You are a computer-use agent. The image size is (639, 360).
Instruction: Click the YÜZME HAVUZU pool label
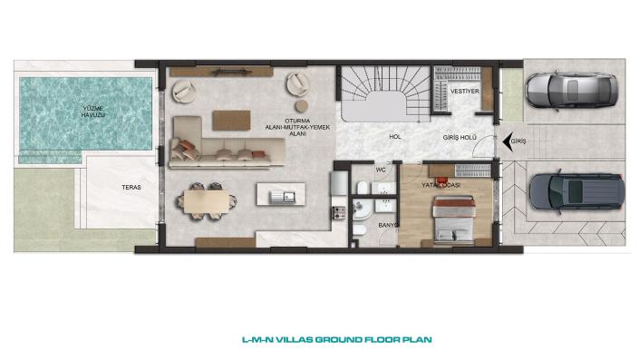(x=93, y=112)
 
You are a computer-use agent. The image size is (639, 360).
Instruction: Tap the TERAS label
(x=131, y=187)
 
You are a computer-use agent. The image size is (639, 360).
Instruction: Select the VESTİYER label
(x=465, y=92)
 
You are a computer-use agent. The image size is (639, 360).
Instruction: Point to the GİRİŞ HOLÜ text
(x=460, y=138)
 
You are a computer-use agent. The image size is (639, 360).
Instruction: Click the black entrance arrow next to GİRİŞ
(x=508, y=141)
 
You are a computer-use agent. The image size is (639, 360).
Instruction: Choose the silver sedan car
(x=572, y=90)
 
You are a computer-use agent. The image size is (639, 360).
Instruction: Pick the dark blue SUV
(x=576, y=191)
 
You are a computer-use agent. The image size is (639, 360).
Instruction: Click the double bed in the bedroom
(x=454, y=220)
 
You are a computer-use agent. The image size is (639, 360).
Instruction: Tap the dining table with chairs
(x=207, y=202)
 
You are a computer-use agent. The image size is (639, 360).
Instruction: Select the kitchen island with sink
(x=281, y=194)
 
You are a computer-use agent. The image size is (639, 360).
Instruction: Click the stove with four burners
(x=339, y=212)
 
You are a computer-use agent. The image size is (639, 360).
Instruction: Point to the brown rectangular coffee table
(x=231, y=121)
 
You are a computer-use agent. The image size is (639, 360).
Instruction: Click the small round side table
(x=302, y=105)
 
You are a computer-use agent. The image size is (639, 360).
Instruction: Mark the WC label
(x=380, y=170)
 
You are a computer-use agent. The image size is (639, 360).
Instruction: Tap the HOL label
(x=395, y=137)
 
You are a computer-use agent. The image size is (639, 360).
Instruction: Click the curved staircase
(x=385, y=93)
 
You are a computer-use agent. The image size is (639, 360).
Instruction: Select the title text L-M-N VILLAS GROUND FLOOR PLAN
(x=337, y=340)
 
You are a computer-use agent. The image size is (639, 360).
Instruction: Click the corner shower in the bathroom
(x=360, y=210)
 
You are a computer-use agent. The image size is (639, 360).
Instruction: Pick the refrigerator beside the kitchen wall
(x=339, y=183)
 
